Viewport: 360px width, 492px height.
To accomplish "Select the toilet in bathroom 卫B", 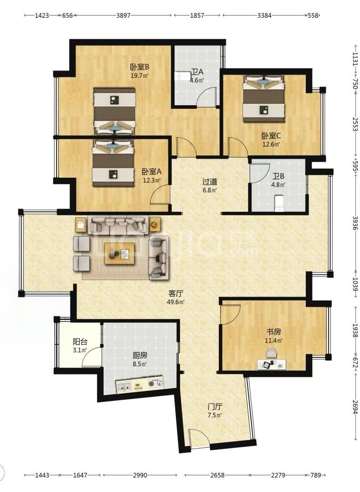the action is click(x=279, y=204).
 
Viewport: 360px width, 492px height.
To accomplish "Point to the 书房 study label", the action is click(x=273, y=331).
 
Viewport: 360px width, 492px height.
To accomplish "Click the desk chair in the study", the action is click(x=272, y=354).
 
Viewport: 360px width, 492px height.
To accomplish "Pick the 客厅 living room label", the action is click(x=175, y=294).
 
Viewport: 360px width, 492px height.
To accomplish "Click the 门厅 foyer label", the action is click(x=215, y=407).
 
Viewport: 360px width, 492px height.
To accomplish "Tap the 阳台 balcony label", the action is click(x=80, y=342).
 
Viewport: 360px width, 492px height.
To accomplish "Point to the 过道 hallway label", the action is click(x=210, y=182).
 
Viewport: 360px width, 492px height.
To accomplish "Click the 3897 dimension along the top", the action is click(x=123, y=15).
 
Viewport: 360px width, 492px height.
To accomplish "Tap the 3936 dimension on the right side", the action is click(x=355, y=223).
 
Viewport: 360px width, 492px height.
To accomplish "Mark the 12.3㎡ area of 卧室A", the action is click(x=151, y=180).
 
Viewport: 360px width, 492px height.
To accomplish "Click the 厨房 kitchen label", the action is click(x=139, y=355).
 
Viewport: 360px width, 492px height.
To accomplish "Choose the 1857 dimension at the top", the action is click(x=197, y=15).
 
